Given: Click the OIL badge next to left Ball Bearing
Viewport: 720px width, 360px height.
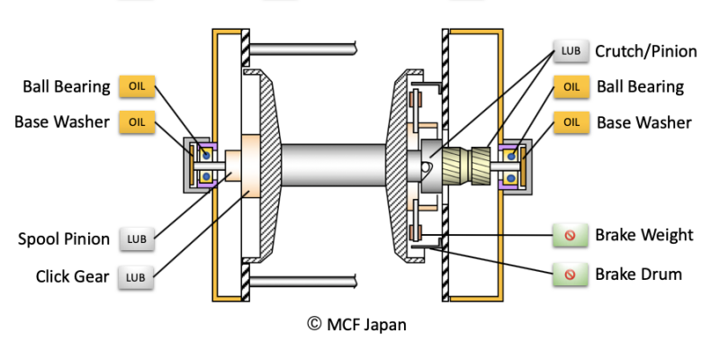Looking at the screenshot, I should click(x=137, y=86).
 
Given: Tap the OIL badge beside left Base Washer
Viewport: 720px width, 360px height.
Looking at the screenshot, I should click(x=137, y=121).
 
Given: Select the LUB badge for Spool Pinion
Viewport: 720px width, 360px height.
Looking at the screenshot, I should click(x=137, y=239).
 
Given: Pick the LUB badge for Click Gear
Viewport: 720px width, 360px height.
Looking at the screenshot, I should click(x=137, y=276).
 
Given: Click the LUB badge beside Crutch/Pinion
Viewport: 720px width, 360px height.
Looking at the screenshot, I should click(x=570, y=51).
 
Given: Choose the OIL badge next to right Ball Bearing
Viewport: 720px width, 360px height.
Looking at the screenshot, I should click(x=571, y=87).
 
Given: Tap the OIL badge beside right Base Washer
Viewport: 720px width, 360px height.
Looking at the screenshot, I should click(x=571, y=122).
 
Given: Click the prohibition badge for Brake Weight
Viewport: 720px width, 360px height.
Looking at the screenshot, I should click(x=570, y=237).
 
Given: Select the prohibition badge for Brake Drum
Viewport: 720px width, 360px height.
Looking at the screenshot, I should click(x=570, y=274).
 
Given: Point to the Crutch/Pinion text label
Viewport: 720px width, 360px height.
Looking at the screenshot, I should click(x=645, y=51).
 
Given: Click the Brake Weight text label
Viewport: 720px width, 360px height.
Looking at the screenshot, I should click(x=643, y=236).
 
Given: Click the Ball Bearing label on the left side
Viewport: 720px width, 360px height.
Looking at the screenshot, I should click(x=66, y=86).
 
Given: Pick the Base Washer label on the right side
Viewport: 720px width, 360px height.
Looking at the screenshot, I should click(x=643, y=122).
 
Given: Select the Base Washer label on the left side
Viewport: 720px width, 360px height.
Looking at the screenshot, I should click(x=62, y=121).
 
